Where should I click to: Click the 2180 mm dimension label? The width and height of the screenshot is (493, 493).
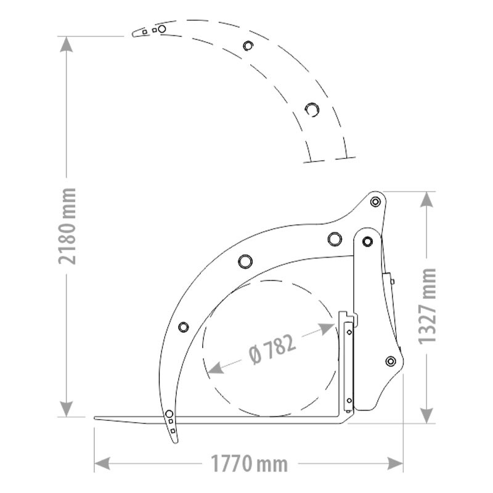coord(68,226)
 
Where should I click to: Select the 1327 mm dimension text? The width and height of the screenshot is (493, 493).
coord(426,306)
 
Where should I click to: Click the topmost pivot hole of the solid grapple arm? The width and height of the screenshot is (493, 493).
coord(375,202)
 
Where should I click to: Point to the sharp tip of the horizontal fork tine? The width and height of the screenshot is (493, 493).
coord(96,419)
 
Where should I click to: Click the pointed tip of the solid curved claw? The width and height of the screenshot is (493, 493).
coord(173,442)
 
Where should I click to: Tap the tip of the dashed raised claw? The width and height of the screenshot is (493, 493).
coord(133,35)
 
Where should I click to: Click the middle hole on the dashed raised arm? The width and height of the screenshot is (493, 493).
coord(248,46)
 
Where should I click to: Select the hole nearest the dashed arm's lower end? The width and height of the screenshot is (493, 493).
coord(312,108)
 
